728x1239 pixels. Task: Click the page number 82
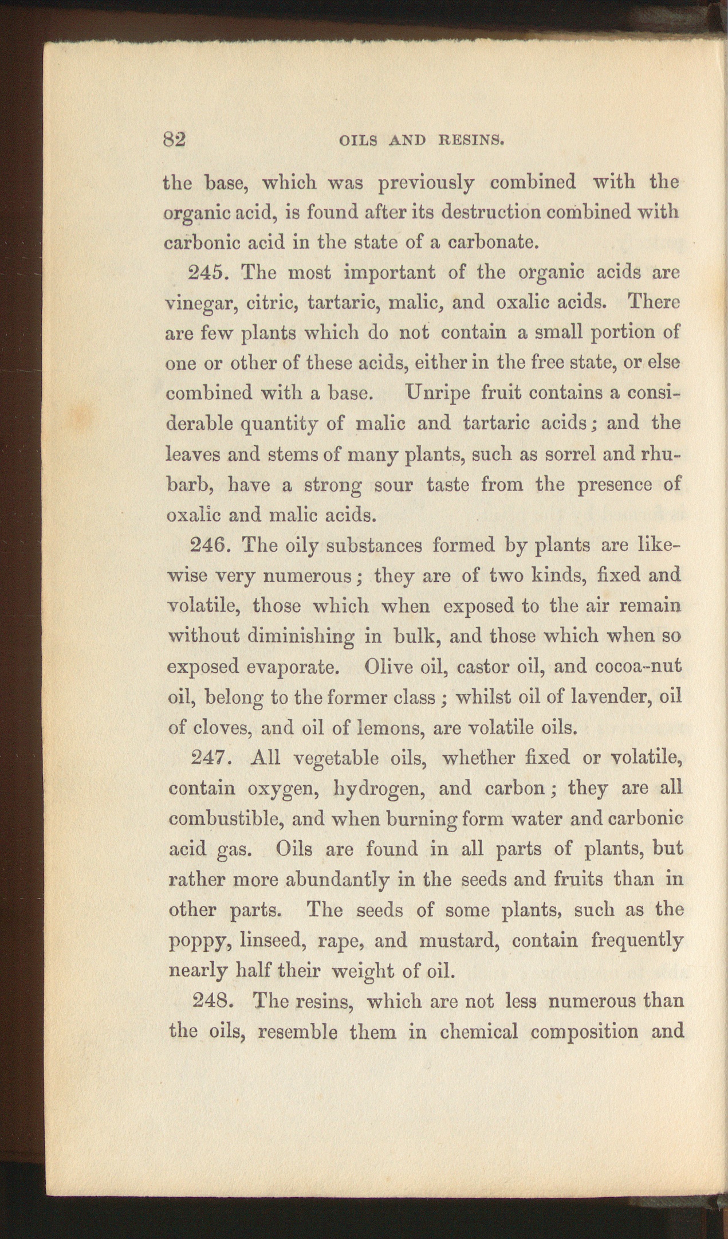coord(175,140)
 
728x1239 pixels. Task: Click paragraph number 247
coord(210,758)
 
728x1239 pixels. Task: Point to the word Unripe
coord(438,393)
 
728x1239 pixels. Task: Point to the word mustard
coord(461,940)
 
